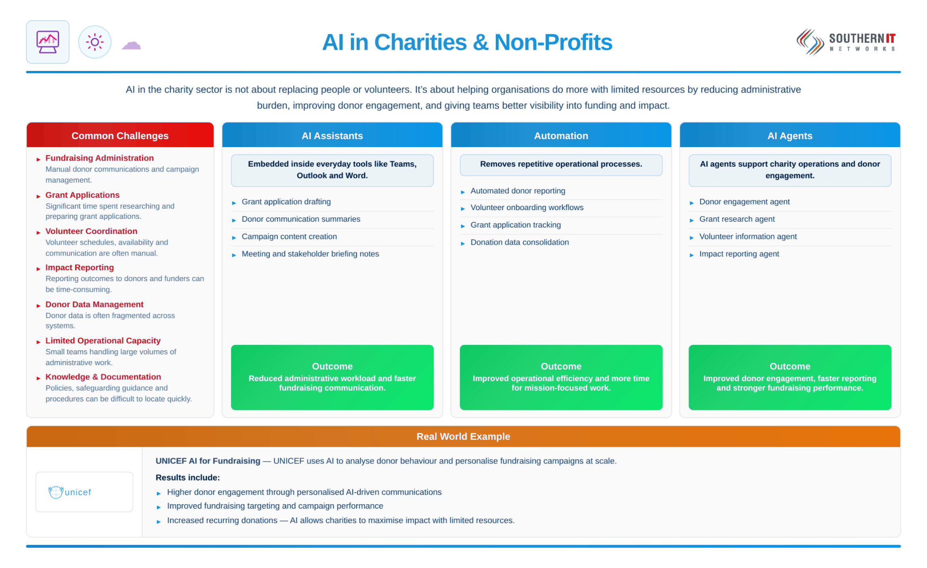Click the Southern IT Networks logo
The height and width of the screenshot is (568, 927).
tap(846, 42)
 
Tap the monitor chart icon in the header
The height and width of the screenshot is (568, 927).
tap(48, 42)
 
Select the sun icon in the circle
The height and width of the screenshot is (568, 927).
tap(95, 42)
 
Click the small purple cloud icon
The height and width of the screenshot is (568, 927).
tap(131, 45)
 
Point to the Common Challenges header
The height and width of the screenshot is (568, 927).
tap(120, 136)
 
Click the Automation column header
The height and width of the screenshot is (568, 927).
tap(561, 136)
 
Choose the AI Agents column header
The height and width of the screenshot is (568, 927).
tap(789, 136)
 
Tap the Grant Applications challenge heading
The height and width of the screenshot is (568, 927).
tap(82, 195)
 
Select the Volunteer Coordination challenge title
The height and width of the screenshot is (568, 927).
tap(91, 231)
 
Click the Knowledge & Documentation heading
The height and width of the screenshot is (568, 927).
tap(103, 377)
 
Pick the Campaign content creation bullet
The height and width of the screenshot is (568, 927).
tap(289, 236)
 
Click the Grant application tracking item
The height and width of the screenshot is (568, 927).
tap(516, 225)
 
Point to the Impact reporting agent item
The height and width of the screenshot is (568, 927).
tap(739, 254)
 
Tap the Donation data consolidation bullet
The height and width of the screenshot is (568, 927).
tap(520, 242)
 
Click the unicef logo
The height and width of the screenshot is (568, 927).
tap(70, 492)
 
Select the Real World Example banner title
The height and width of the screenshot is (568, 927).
tap(463, 436)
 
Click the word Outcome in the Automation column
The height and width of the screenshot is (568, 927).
tap(561, 366)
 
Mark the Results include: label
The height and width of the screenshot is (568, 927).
tap(187, 478)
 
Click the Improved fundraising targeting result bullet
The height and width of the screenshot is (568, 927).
tap(275, 506)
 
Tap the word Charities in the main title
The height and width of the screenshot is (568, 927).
tap(420, 42)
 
